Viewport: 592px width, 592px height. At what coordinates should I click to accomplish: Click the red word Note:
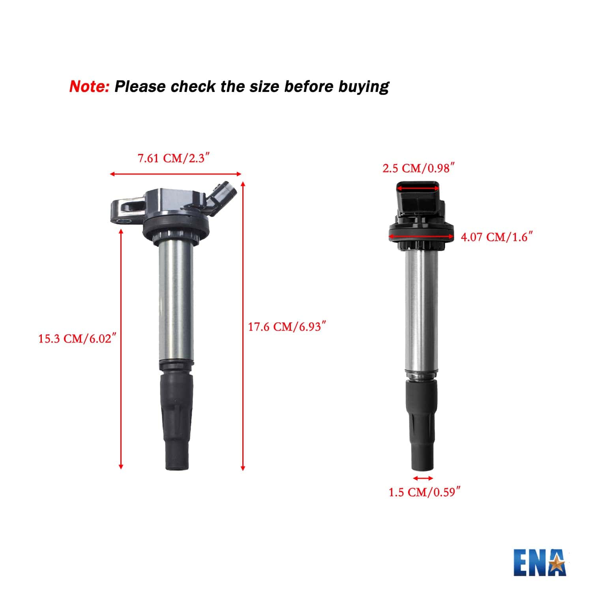(89, 86)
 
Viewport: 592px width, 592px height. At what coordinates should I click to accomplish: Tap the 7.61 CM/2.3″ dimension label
(173, 159)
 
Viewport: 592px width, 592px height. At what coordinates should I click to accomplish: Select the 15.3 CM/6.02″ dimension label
(77, 339)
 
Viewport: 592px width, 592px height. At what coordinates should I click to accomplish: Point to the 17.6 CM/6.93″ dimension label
(287, 327)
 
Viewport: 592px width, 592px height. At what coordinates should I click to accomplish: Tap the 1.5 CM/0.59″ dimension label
(424, 492)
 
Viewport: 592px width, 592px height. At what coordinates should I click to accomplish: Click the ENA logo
(540, 562)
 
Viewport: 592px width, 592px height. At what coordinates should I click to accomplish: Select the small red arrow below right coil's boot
(423, 478)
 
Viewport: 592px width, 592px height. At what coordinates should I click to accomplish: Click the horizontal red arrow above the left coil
(175, 174)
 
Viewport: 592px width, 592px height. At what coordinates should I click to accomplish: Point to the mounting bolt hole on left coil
(123, 221)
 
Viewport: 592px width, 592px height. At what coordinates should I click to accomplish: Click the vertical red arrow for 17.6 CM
(243, 326)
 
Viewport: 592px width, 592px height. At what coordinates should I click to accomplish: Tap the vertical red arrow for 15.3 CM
(121, 349)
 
